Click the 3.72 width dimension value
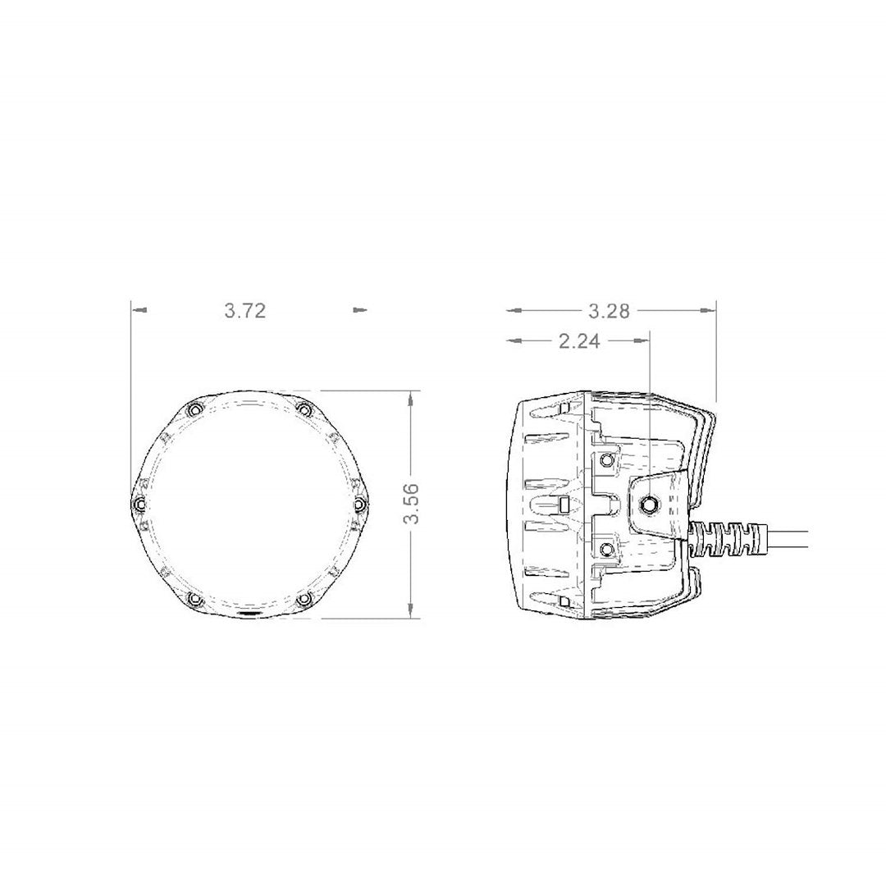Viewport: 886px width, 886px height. pos(244,312)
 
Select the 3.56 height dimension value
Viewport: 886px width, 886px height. pos(412,504)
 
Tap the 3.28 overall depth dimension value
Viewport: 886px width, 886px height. pos(609,311)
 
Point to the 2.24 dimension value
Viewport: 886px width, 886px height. pos(579,342)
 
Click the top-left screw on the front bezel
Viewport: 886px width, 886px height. pos(194,409)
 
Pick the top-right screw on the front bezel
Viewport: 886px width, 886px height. pos(304,409)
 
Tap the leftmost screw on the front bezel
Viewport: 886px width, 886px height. pos(139,503)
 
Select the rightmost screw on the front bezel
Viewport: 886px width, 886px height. pos(360,503)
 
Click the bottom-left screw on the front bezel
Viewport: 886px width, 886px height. pos(194,599)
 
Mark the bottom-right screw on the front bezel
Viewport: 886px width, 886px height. pos(304,599)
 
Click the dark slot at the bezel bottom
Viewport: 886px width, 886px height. pos(249,614)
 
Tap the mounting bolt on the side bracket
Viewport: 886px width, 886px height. pos(650,505)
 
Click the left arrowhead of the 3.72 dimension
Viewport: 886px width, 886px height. pos(141,310)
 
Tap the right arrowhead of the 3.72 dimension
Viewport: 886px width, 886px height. pos(359,310)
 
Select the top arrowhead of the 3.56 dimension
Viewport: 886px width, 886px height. pos(409,397)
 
